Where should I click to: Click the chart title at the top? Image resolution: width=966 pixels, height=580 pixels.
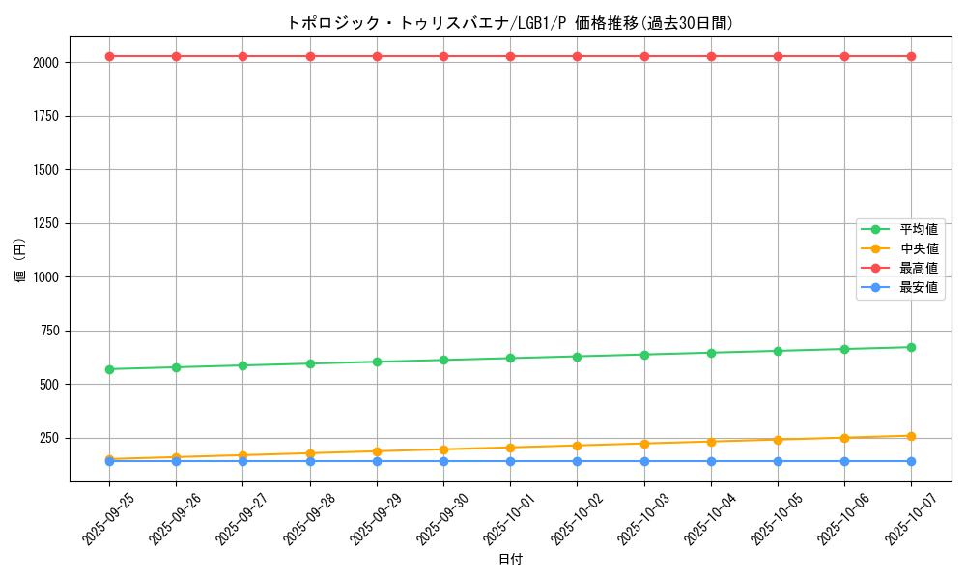510,23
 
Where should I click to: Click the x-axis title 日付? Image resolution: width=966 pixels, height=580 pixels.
510,560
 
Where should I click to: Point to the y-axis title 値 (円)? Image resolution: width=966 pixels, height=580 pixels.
20,261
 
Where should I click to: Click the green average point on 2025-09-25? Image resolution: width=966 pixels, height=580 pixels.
109,369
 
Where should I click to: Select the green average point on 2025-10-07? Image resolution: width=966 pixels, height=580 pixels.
911,347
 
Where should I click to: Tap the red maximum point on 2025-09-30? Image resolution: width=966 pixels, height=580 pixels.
443,56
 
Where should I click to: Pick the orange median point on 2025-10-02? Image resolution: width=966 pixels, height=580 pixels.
577,446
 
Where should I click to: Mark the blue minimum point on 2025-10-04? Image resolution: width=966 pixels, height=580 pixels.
711,461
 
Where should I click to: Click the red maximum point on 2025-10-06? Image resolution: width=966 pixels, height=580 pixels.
844,56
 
